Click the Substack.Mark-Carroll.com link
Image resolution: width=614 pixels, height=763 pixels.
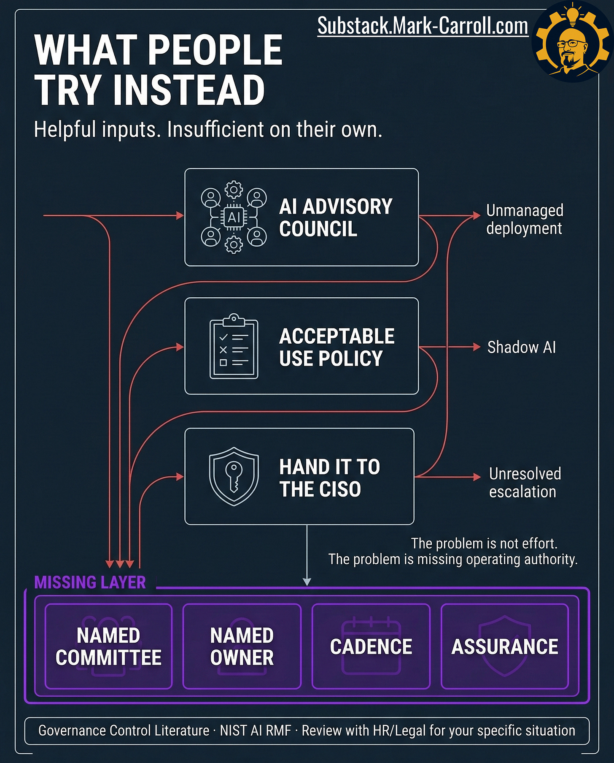pos(423,26)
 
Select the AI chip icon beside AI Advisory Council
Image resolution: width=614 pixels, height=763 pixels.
pos(234,217)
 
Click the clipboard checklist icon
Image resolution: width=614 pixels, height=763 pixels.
pos(234,347)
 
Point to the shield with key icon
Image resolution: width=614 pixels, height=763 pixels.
pos(234,476)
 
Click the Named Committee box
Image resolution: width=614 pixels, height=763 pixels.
pos(108,646)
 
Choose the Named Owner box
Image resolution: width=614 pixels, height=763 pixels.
pos(242,646)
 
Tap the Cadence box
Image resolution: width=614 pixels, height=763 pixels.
pos(371,646)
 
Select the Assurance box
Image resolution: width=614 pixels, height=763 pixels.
pos(504,646)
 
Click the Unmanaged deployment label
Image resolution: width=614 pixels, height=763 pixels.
pos(524,219)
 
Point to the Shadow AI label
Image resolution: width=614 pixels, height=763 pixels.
pos(521,347)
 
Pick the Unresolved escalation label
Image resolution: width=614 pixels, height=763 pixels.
pos(525,483)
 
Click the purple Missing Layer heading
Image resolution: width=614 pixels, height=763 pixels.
pos(90,582)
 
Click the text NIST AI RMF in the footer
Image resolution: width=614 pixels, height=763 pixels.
pos(256,730)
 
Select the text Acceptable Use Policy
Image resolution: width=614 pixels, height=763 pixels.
pos(336,347)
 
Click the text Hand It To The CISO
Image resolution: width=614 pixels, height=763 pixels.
pos(329,478)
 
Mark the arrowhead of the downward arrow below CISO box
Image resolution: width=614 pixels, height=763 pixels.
pos(307,581)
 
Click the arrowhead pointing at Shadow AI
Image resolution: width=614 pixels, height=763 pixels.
pos(477,347)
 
